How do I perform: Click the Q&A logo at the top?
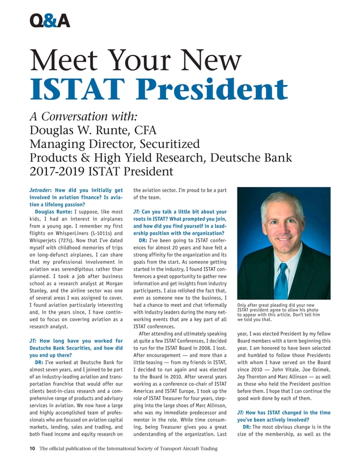pos(49,20)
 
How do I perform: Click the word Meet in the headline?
pos(63,60)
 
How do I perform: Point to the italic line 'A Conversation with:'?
pos(82,117)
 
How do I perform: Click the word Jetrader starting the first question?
pos(41,190)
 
